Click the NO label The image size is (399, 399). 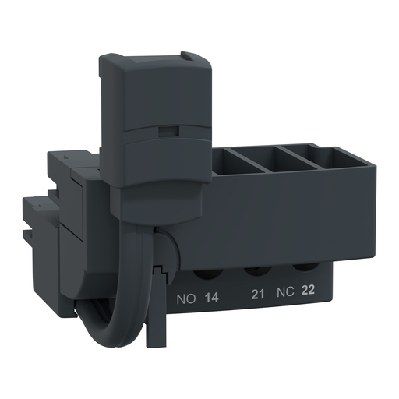186,298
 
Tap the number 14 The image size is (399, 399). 210,298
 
